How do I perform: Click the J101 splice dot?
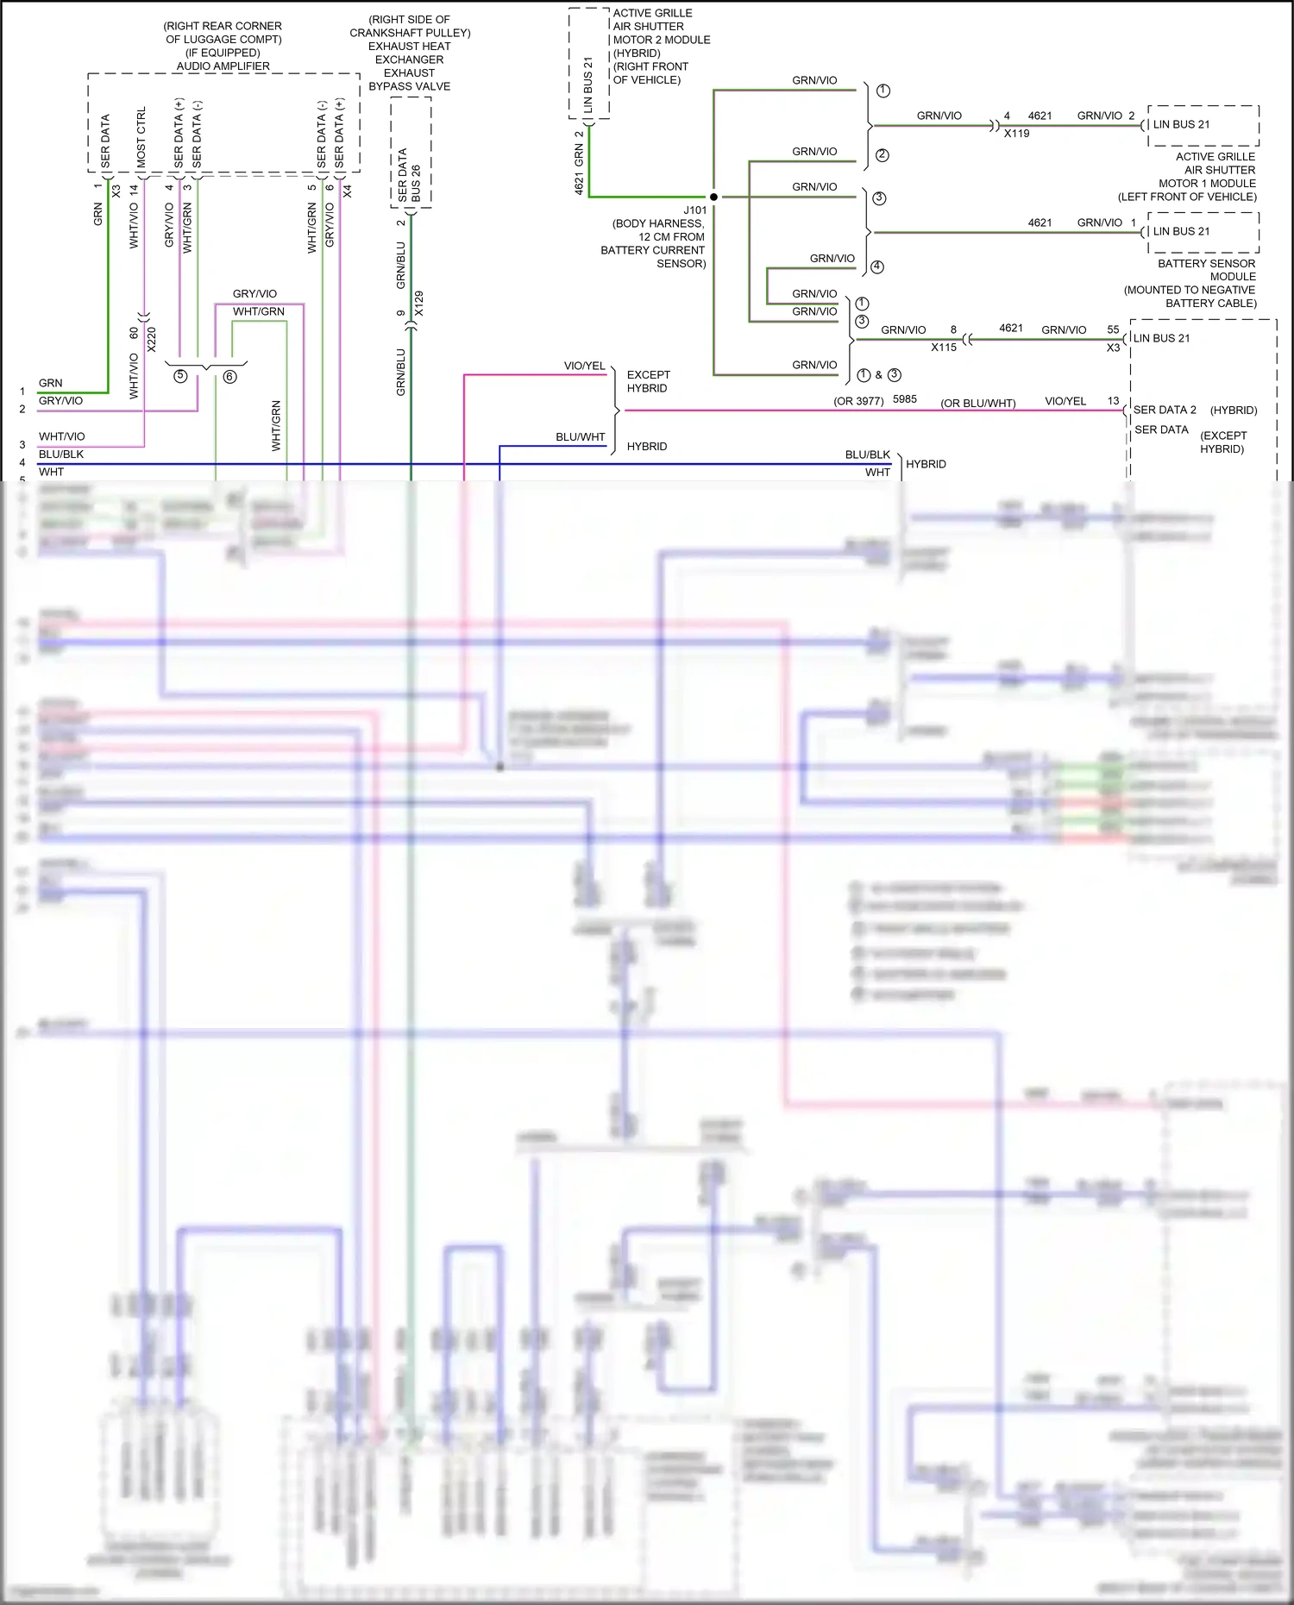713,197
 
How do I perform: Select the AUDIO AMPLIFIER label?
223,66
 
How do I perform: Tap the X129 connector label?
419,304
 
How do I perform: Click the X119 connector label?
1016,134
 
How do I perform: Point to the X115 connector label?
943,348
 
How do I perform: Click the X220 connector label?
152,339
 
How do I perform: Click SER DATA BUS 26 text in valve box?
410,176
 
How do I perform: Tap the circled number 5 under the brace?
180,376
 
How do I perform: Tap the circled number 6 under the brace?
229,376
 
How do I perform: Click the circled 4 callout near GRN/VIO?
877,266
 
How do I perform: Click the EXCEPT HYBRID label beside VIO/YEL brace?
648,381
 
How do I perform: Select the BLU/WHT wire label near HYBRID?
580,437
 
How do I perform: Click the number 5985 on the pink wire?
904,399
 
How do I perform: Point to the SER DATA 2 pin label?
1165,410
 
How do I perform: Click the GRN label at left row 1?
50,383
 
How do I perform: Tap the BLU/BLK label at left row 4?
60,455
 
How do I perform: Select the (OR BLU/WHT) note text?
977,403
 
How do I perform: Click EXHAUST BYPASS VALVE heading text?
409,79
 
